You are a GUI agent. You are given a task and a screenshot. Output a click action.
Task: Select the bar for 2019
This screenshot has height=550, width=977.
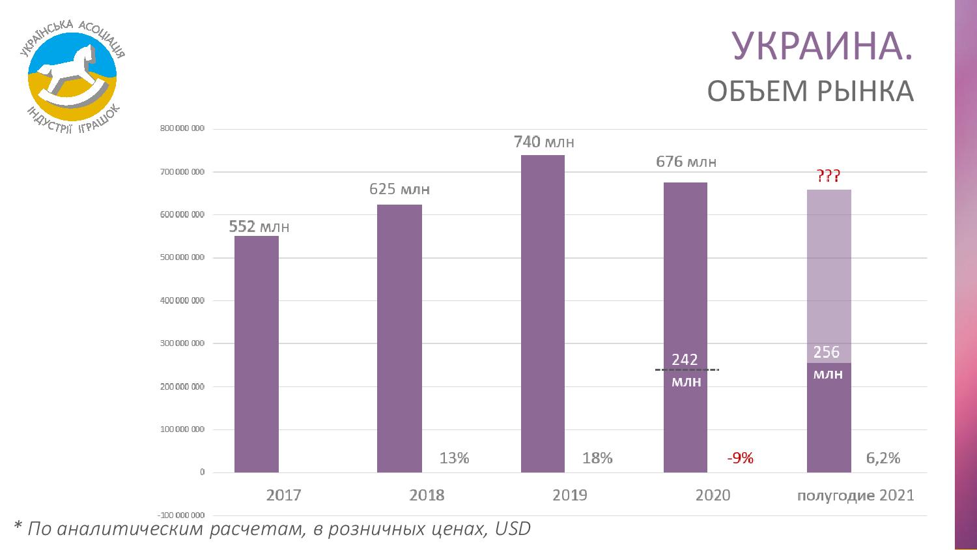543,313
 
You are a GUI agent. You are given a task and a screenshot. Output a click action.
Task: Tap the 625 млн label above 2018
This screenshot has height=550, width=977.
399,190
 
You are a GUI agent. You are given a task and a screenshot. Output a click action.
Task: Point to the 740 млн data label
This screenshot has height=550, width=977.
544,141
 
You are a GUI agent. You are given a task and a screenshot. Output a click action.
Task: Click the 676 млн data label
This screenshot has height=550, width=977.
686,162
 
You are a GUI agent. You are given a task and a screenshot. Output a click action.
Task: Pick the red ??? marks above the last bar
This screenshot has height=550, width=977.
828,176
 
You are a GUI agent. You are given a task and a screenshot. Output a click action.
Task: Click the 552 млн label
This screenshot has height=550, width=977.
259,227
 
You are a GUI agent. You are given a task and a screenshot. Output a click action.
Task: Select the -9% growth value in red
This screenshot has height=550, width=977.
740,458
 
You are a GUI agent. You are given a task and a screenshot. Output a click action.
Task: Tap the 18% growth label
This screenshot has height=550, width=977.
597,458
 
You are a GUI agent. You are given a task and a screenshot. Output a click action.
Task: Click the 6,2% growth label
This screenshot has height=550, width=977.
883,458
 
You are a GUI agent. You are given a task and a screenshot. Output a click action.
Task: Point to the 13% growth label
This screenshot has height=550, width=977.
454,458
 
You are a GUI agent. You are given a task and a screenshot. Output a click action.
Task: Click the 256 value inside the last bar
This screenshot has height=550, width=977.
827,353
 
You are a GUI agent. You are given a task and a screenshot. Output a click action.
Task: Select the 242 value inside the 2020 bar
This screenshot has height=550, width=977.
685,360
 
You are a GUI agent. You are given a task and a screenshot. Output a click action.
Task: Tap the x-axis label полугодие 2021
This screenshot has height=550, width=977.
855,495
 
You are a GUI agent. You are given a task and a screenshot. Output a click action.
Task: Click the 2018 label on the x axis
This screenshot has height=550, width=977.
427,495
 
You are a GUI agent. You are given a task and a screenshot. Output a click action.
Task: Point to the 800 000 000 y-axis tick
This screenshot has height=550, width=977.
182,129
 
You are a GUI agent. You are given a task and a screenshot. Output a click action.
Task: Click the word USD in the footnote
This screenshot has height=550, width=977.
513,528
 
